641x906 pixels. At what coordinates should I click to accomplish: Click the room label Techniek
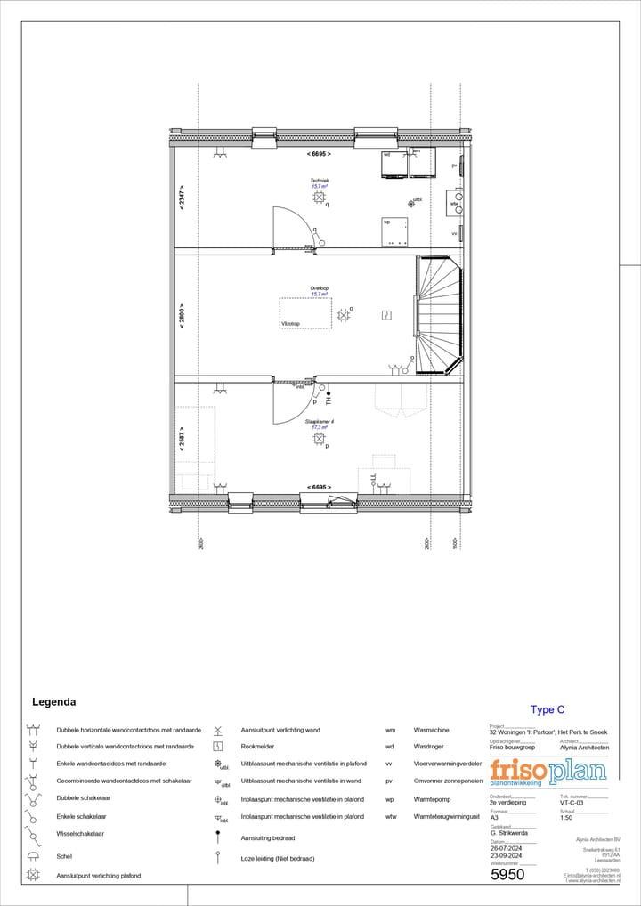coord(320,180)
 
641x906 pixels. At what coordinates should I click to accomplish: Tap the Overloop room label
coord(320,288)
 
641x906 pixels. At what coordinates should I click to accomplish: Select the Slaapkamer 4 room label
coord(320,421)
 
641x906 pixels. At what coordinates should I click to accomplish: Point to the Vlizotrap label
coord(289,324)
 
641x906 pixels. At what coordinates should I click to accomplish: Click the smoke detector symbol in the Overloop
coord(386,314)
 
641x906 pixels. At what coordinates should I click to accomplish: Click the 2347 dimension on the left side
coord(182,199)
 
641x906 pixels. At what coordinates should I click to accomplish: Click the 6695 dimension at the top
coord(319,154)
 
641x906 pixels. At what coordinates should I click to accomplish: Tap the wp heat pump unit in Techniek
coord(394,231)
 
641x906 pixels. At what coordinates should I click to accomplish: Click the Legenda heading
coord(53,701)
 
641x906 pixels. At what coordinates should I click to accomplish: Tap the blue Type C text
coord(548,709)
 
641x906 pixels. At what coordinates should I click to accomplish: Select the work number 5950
coord(507,874)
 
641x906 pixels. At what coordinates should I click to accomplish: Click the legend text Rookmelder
coord(257,747)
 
